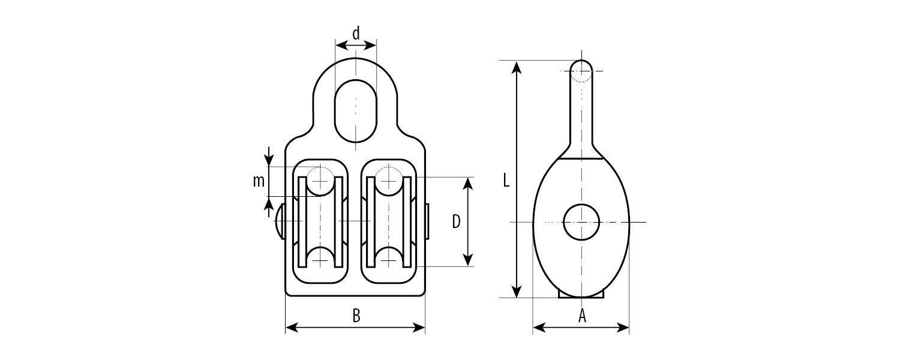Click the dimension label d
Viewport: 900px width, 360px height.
click(356, 34)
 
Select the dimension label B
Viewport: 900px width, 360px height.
click(356, 316)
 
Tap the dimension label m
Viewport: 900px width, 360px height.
click(259, 181)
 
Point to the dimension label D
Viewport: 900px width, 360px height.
click(456, 221)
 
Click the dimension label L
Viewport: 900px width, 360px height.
click(506, 181)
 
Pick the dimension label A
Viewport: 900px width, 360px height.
click(582, 316)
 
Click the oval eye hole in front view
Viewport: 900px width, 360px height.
click(356, 111)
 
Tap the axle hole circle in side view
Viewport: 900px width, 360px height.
click(581, 222)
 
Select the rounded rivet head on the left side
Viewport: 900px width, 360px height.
click(280, 221)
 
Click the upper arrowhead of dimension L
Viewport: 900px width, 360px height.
click(517, 67)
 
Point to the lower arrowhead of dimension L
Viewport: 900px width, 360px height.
click(517, 291)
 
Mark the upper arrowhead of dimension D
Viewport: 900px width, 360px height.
click(467, 184)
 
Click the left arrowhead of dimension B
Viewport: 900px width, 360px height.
click(292, 328)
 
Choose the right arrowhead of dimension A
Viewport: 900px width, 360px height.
click(622, 328)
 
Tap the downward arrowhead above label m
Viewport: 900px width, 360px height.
click(269, 160)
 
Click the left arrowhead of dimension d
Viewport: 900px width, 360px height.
click(342, 45)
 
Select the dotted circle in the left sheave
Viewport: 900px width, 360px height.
click(320, 181)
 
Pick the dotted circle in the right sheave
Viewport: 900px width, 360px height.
click(389, 181)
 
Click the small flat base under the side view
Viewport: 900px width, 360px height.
click(581, 295)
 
